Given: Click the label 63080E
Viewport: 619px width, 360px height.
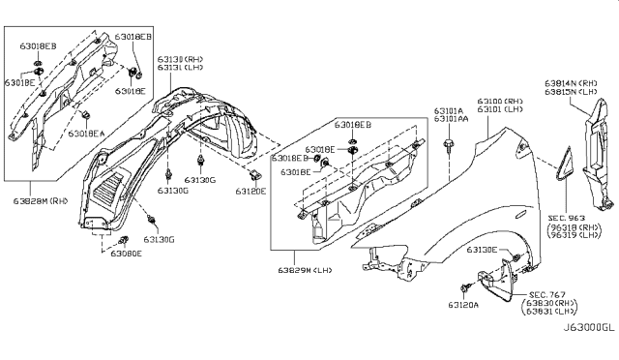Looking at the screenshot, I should click(125, 254).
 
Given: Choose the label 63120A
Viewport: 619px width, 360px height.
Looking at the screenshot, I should click(472, 315).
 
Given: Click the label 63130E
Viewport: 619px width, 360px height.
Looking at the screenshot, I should click(486, 250).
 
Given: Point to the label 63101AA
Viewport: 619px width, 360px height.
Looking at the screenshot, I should click(453, 120).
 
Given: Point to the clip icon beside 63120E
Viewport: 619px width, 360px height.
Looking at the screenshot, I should click(255, 175).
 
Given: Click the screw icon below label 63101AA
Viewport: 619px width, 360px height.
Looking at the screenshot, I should click(451, 146).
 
